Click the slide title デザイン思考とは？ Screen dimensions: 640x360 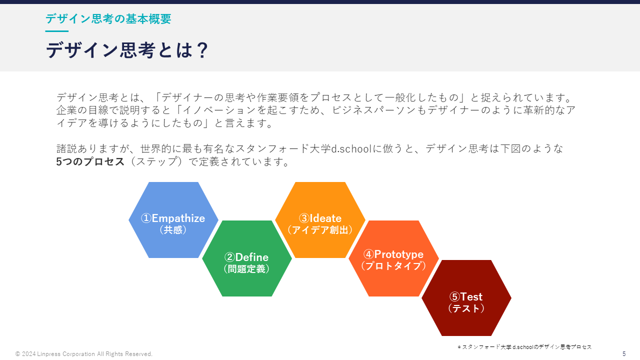click(127, 50)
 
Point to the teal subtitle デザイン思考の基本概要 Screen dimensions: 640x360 click(108, 19)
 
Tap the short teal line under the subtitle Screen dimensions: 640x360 click(56, 31)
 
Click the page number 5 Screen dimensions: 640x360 click(624, 354)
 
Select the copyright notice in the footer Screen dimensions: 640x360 click(84, 354)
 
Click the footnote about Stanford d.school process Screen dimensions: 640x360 click(524, 346)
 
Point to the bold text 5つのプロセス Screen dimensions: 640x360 click(90, 161)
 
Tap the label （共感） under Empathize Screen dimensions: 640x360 click(173, 230)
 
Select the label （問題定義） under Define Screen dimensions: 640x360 click(246, 269)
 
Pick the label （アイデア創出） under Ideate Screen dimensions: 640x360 click(320, 230)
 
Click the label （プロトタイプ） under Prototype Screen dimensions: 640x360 click(393, 266)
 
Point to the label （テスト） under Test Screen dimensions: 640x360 click(466, 308)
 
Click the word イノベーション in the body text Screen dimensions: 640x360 click(207, 110)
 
